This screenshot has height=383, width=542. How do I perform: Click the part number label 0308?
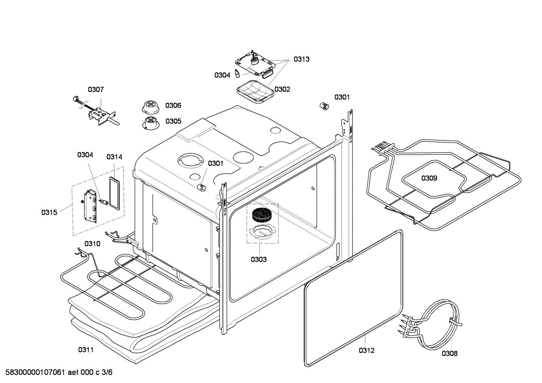point(449,353)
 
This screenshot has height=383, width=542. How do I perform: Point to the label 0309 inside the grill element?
point(429,178)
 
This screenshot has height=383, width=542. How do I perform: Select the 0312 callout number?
point(366,351)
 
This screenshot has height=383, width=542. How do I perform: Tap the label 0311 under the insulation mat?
point(86,350)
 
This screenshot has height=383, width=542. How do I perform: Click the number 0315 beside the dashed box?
point(49,213)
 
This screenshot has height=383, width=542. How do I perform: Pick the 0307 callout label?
point(96,89)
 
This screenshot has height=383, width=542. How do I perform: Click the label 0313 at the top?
point(301,59)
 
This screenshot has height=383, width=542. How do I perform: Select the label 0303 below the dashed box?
point(259,259)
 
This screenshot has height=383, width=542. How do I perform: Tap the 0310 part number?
point(92,244)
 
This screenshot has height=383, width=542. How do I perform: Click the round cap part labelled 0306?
point(150,106)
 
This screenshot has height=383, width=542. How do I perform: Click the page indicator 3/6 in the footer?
point(107,372)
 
